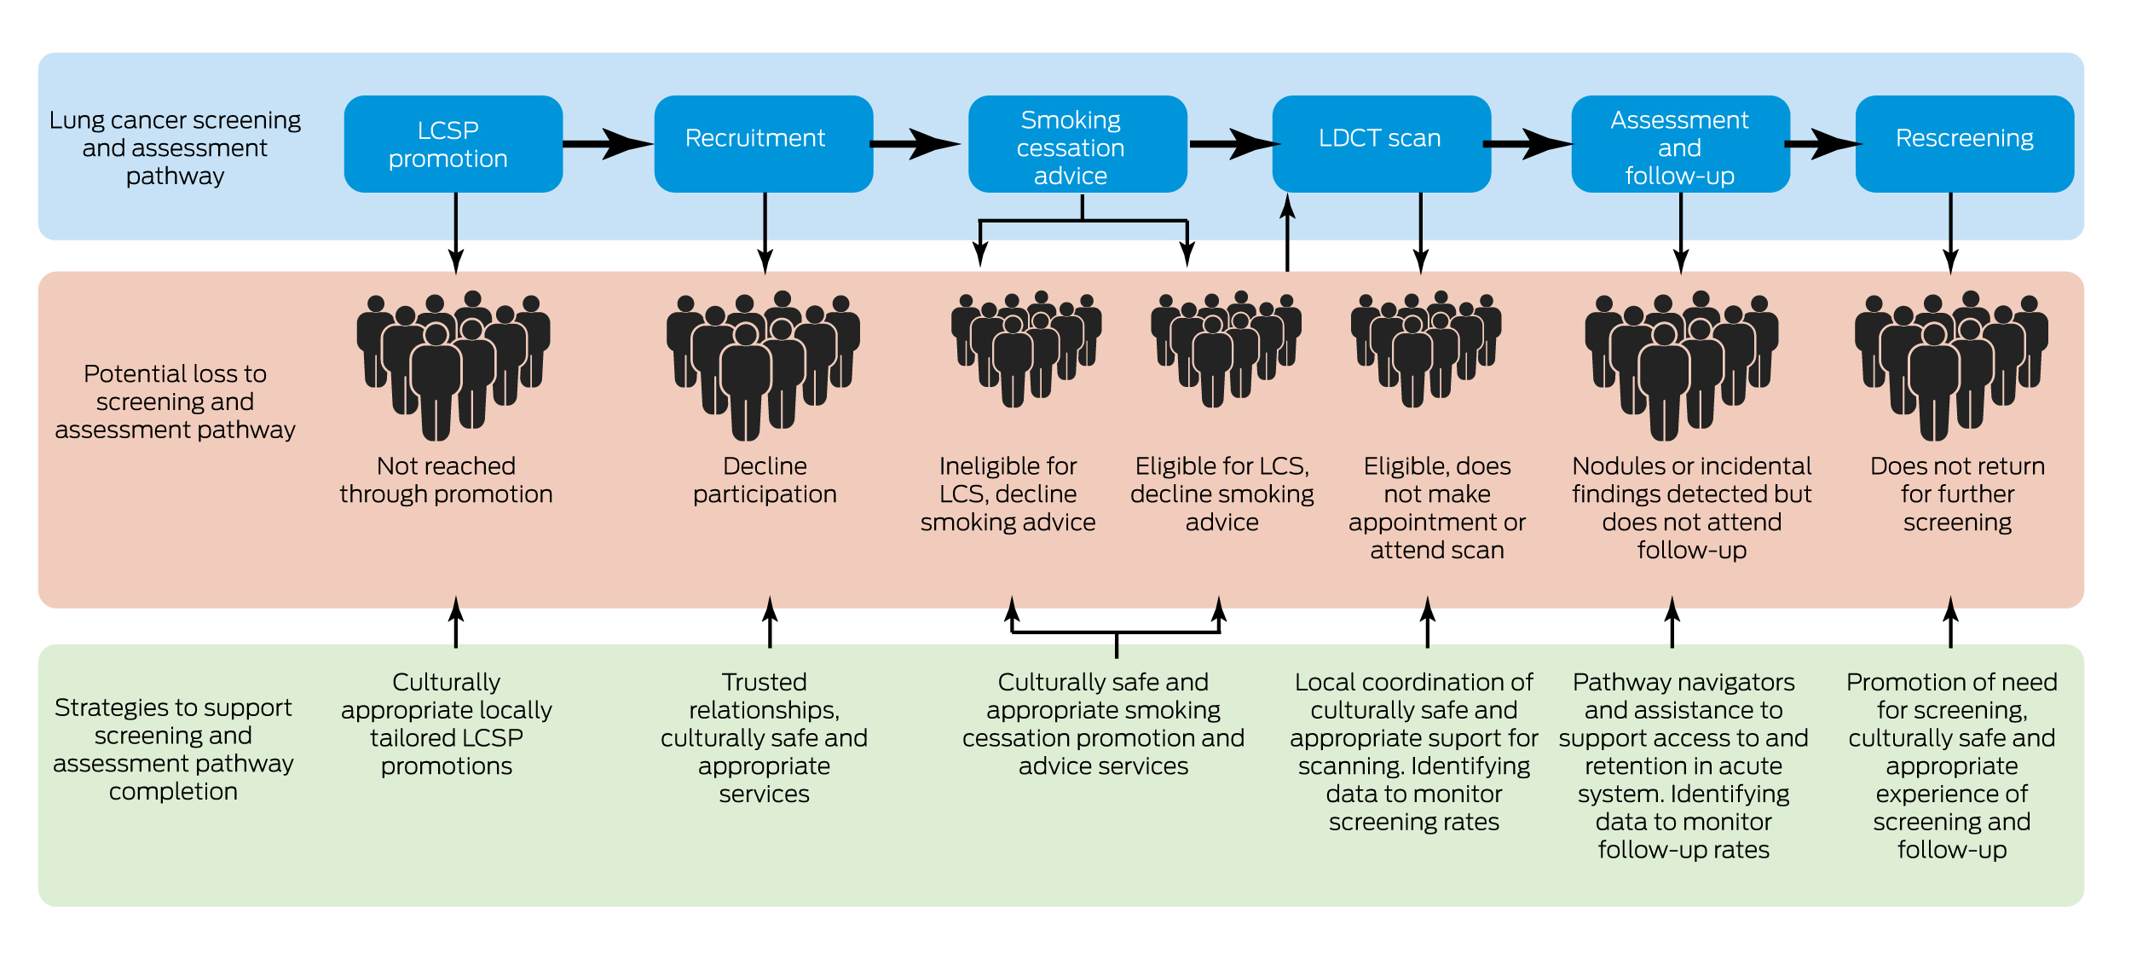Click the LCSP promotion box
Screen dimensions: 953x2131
[x=453, y=144]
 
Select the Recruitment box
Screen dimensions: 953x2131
[x=763, y=144]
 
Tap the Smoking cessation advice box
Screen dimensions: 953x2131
[x=1077, y=144]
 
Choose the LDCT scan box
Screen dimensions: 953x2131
[x=1381, y=144]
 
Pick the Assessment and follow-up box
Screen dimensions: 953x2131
[x=1680, y=144]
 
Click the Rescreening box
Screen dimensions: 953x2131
[x=1964, y=144]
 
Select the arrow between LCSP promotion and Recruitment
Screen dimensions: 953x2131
[x=608, y=144]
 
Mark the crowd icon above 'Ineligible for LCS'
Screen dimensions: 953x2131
[x=1026, y=349]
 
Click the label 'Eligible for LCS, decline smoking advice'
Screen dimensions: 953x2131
[x=1221, y=494]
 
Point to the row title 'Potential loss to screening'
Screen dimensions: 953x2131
[x=175, y=401]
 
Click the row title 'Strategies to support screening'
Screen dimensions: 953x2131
[x=173, y=749]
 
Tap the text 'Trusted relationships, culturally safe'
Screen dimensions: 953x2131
[x=764, y=737]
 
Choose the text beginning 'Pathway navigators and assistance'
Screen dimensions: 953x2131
[x=1683, y=765]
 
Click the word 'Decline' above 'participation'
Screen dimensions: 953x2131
[x=765, y=466]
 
